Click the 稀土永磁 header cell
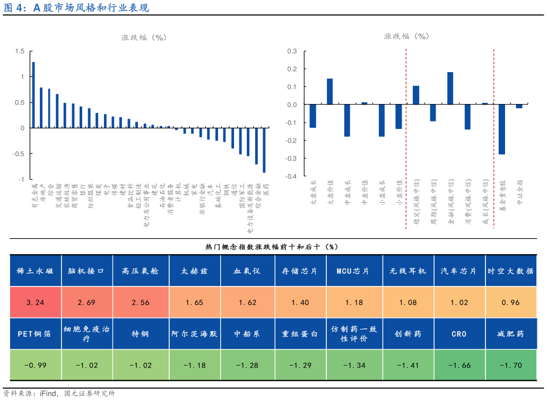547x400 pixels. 35,271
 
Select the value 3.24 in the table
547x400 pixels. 35,302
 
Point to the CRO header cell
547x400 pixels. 459,334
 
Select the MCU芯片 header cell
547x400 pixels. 353,271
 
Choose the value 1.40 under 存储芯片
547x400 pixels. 300,302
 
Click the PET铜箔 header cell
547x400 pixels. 35,334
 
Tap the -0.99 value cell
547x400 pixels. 35,365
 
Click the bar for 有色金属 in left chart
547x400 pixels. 33,95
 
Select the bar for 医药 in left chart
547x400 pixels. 264,150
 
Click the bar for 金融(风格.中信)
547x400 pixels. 450,89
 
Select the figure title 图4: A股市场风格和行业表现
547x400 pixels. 76,8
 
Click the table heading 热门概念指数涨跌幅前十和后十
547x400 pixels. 271,247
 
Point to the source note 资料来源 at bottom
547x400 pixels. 58,393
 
